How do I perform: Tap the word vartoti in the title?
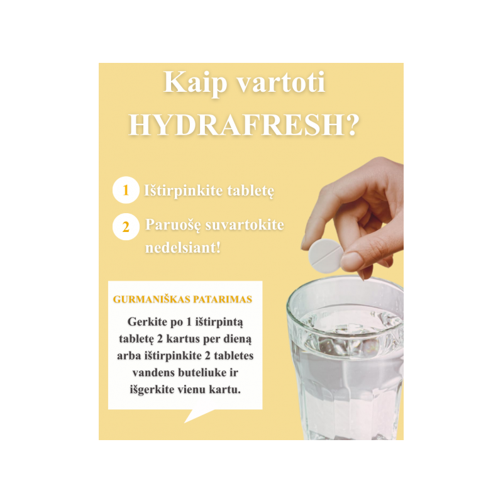pyautogui.click(x=280, y=83)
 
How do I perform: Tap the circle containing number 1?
pyautogui.click(x=126, y=190)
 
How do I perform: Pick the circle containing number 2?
pyautogui.click(x=126, y=226)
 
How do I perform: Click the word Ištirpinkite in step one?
pyautogui.click(x=183, y=191)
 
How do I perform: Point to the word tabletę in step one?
pyautogui.click(x=250, y=192)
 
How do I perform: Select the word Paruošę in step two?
pyautogui.click(x=174, y=225)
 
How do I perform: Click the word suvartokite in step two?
pyautogui.click(x=245, y=224)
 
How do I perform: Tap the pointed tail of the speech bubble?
pyautogui.click(x=185, y=422)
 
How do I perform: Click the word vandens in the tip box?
pyautogui.click(x=153, y=372)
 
